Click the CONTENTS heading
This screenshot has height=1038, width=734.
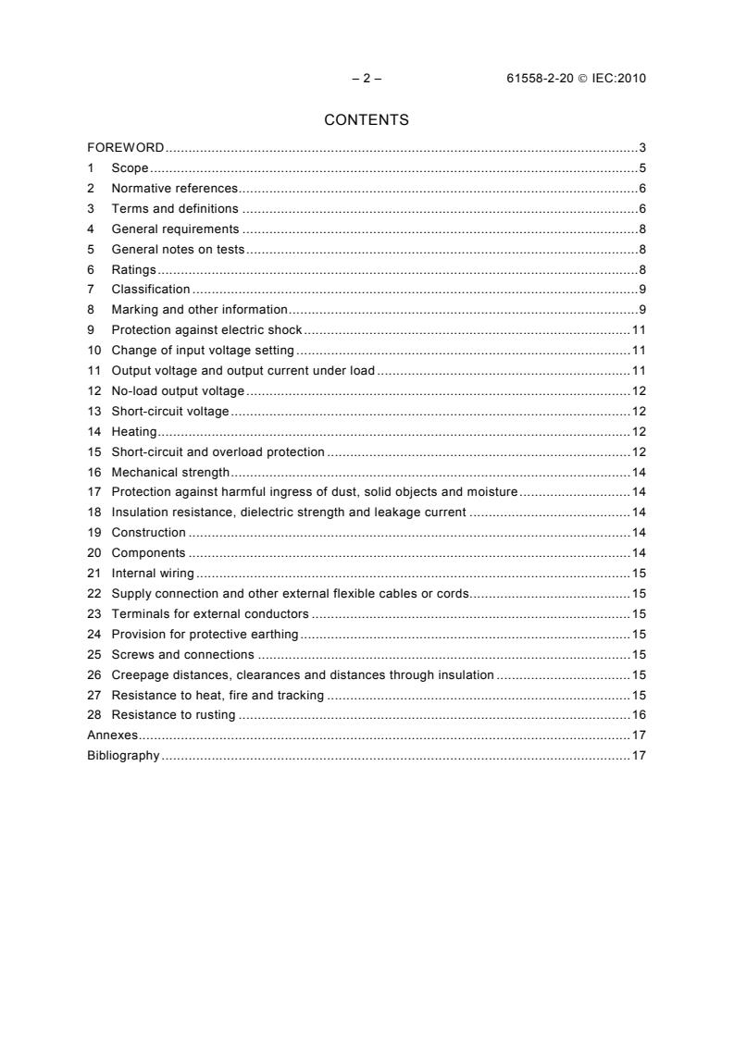pyautogui.click(x=366, y=120)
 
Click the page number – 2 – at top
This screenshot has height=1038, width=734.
pyautogui.click(x=367, y=79)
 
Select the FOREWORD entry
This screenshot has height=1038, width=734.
pyautogui.click(x=126, y=148)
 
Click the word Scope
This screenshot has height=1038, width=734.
pyautogui.click(x=130, y=168)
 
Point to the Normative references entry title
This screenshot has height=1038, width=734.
pyautogui.click(x=175, y=189)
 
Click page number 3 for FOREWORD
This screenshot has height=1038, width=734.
pyautogui.click(x=641, y=148)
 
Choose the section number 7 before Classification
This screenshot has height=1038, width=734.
pyautogui.click(x=91, y=290)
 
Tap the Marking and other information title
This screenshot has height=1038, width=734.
pyautogui.click(x=200, y=310)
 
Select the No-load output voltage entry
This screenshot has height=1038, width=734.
pyautogui.click(x=178, y=391)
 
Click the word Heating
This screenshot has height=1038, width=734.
pyautogui.click(x=134, y=432)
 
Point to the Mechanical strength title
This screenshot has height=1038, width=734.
pyautogui.click(x=170, y=473)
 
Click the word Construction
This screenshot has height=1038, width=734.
pyautogui.click(x=149, y=533)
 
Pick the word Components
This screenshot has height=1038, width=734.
pyautogui.click(x=148, y=553)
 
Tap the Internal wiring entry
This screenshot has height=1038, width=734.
pyautogui.click(x=153, y=574)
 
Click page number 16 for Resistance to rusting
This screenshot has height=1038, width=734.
pyautogui.click(x=638, y=715)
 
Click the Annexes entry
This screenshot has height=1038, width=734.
pyautogui.click(x=112, y=735)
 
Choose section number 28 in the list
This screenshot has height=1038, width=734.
pyautogui.click(x=93, y=715)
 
